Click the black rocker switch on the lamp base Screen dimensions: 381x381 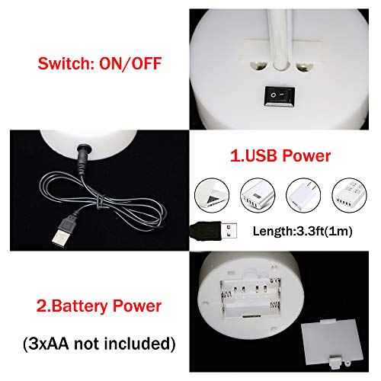(x=280, y=96)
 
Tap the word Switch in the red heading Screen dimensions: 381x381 (x=66, y=63)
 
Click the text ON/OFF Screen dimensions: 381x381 (x=130, y=63)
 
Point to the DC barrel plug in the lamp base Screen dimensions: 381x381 (x=83, y=158)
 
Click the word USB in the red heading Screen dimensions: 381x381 (x=261, y=155)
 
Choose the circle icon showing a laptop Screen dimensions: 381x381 (x=212, y=195)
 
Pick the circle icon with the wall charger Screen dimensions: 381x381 (x=303, y=195)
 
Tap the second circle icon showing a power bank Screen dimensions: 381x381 (x=258, y=195)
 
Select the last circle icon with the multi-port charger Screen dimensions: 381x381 (x=349, y=195)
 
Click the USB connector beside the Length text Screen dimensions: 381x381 (x=213, y=231)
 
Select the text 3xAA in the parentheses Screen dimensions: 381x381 (x=48, y=344)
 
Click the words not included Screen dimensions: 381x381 (x=122, y=344)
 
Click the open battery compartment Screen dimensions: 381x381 (x=251, y=296)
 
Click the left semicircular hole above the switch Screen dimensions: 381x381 (x=258, y=66)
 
